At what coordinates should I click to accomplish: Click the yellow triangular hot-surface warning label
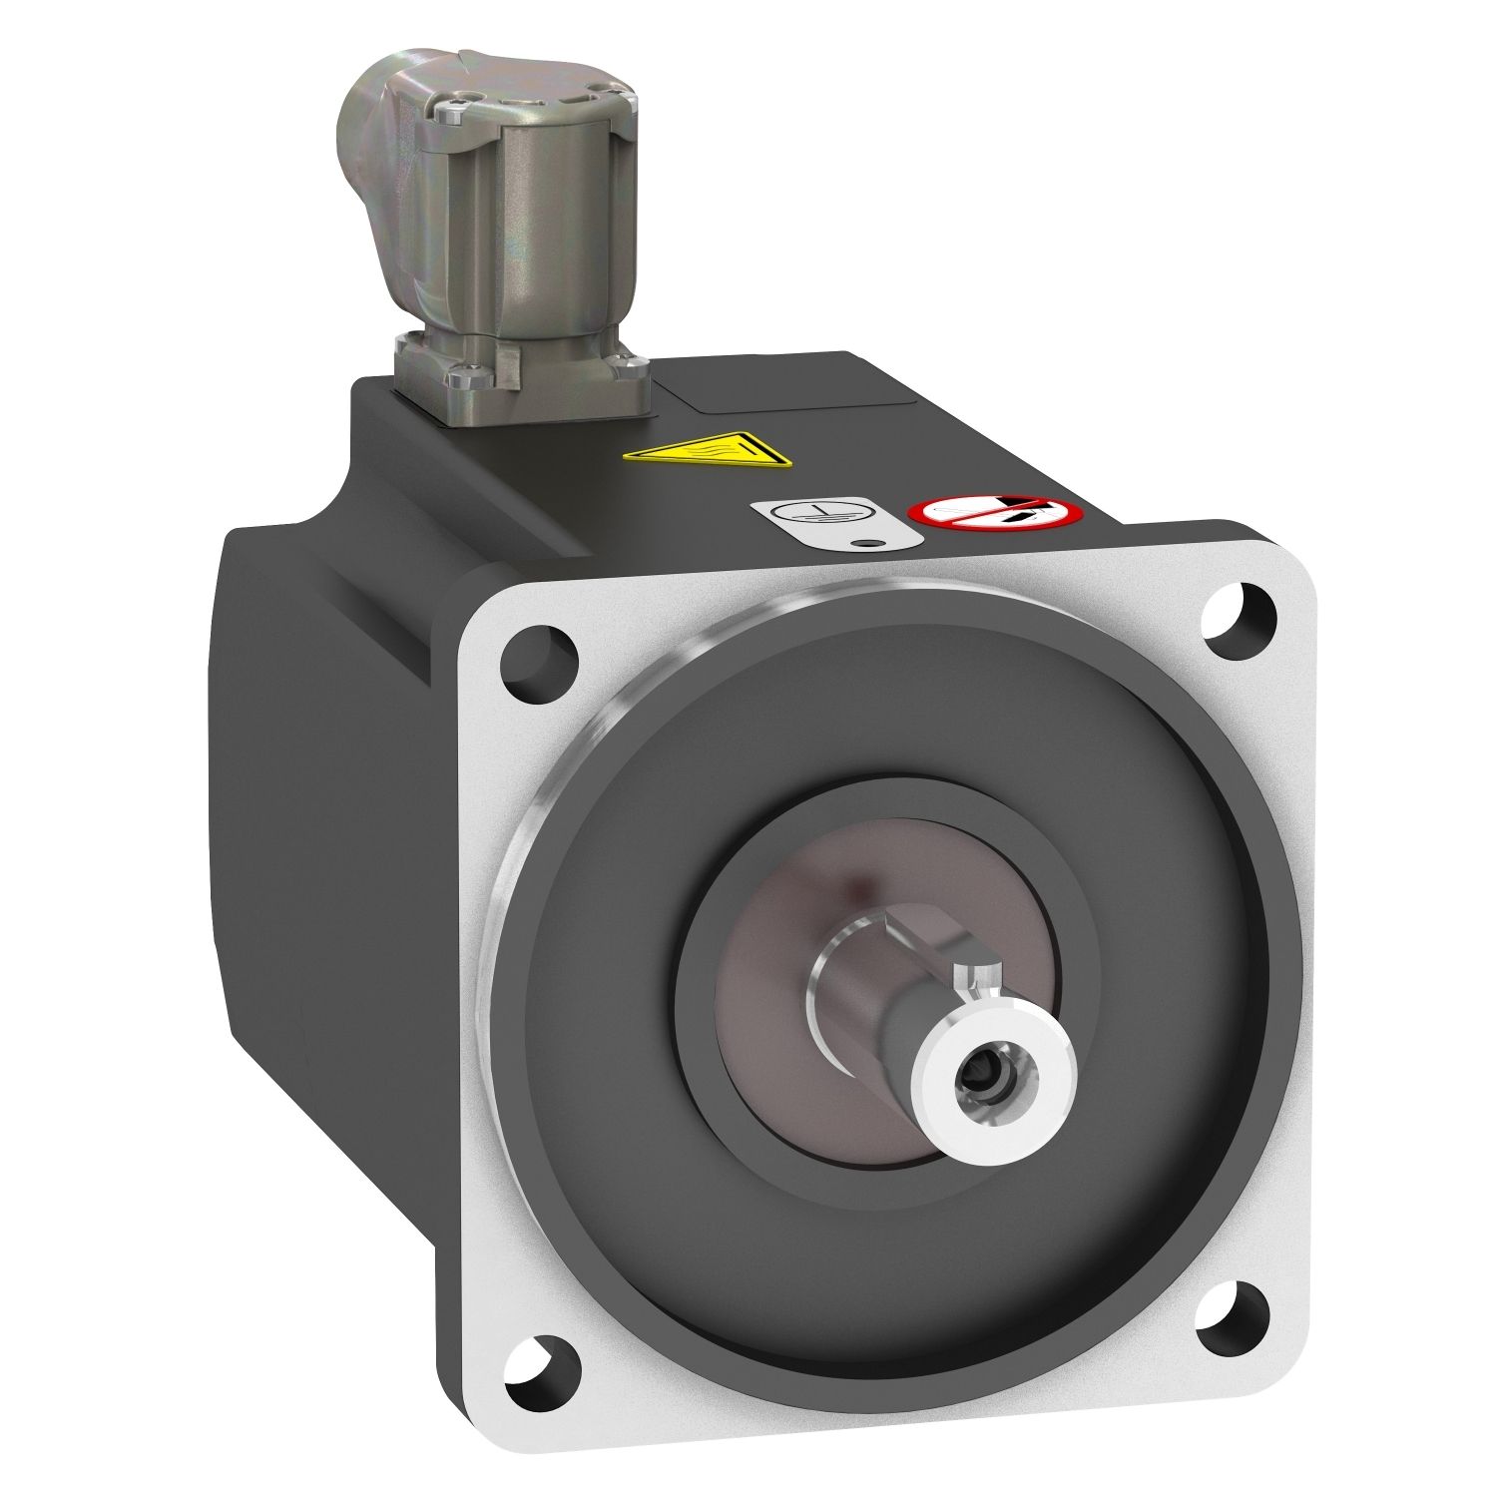tap(708, 450)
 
